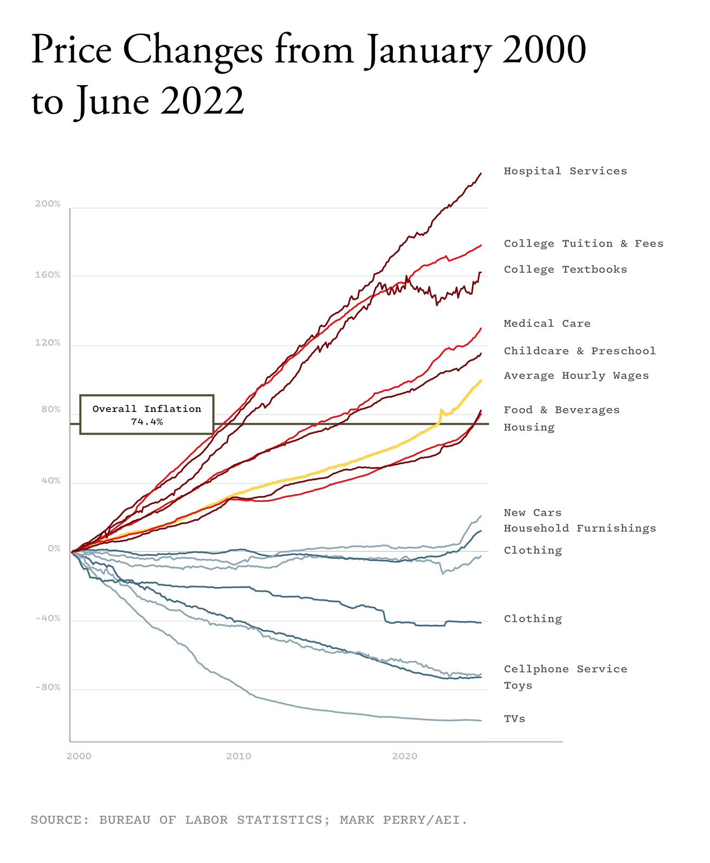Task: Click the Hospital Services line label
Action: click(x=565, y=171)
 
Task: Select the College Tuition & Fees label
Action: click(x=583, y=244)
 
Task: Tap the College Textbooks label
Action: click(x=565, y=269)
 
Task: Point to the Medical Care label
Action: click(x=547, y=324)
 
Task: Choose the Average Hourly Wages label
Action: click(x=576, y=376)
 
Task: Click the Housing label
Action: click(x=529, y=428)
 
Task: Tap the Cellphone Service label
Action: click(x=565, y=669)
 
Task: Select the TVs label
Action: click(x=514, y=719)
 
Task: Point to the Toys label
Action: click(x=518, y=686)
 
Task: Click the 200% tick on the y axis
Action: click(x=48, y=204)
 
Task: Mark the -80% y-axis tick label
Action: click(x=48, y=687)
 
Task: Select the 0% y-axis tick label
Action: click(x=54, y=549)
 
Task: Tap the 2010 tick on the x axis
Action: click(x=238, y=756)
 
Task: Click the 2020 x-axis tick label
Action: click(x=404, y=756)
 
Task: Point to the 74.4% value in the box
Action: click(x=146, y=421)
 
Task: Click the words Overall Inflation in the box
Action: click(x=146, y=409)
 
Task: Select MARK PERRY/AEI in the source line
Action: click(x=403, y=820)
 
